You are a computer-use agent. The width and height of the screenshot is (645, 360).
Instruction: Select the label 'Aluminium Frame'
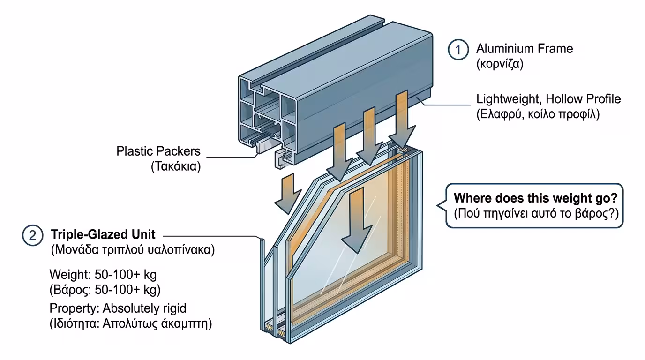[x=525, y=49]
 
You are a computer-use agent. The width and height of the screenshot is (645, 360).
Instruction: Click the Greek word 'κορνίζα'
[x=499, y=64]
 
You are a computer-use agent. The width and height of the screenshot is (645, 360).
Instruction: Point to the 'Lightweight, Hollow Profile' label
[x=548, y=99]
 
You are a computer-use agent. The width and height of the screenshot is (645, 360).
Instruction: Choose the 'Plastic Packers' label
[x=158, y=151]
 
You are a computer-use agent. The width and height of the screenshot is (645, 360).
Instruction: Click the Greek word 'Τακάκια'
[x=176, y=166]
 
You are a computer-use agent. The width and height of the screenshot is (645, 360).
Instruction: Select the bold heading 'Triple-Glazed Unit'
[x=103, y=234]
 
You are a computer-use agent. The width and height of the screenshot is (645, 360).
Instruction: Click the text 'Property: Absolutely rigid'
[x=118, y=308]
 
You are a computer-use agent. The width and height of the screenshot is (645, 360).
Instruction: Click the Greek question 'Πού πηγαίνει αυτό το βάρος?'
[x=536, y=214]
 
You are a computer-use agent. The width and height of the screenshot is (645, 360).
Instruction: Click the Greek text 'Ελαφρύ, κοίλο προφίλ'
[x=538, y=114]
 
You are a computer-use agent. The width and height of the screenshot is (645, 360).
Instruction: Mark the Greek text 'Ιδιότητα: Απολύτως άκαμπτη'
[x=130, y=324]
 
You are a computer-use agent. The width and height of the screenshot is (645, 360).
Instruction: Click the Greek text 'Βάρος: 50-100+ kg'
[x=105, y=290]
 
